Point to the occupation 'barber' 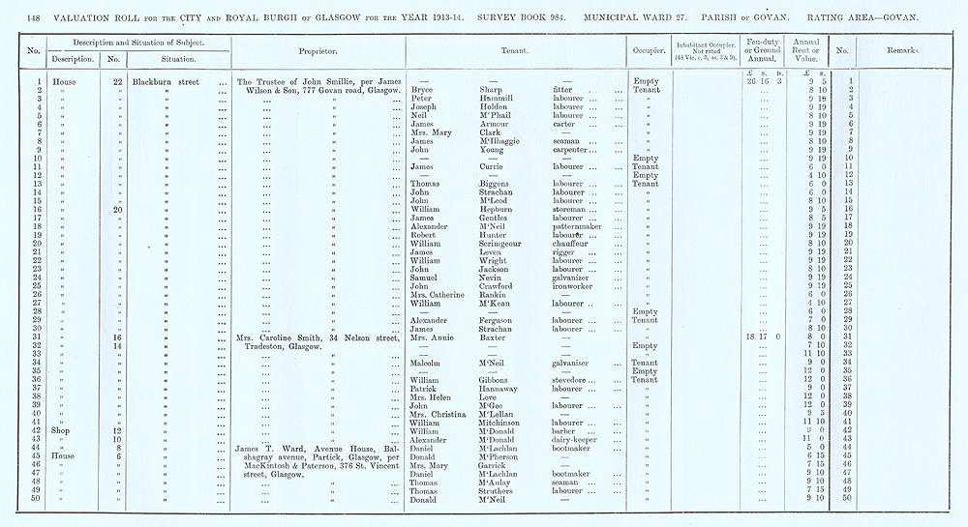pos(565,430)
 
